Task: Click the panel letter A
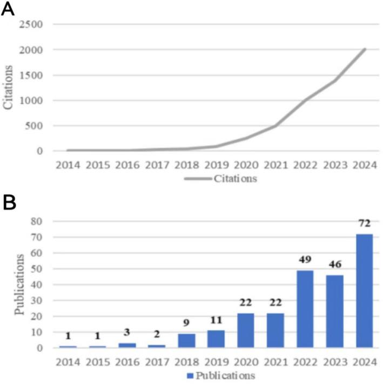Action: [x=9, y=10]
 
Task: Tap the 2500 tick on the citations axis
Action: [x=31, y=25]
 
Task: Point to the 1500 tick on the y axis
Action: [x=31, y=75]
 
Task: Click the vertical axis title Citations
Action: [x=9, y=87]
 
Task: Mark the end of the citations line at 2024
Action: [x=365, y=49]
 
